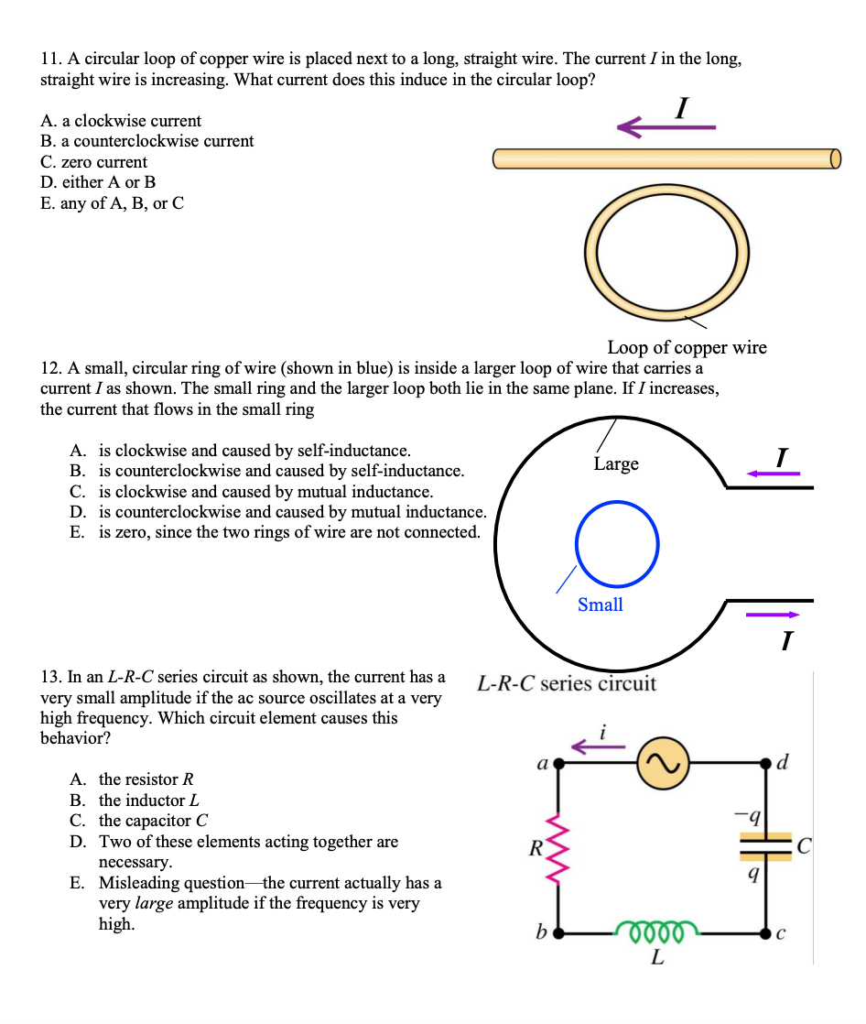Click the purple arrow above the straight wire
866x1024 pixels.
tap(666, 127)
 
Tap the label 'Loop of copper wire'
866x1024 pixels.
tap(687, 347)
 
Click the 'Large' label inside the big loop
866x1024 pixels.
tap(616, 463)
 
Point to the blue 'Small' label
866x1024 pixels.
tap(601, 605)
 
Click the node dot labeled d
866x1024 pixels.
tap(766, 763)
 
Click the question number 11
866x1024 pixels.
tap(49, 60)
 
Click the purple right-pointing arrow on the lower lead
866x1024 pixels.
tap(773, 615)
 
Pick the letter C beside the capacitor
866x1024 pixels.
tap(802, 847)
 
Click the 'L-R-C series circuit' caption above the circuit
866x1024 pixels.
tap(567, 683)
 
